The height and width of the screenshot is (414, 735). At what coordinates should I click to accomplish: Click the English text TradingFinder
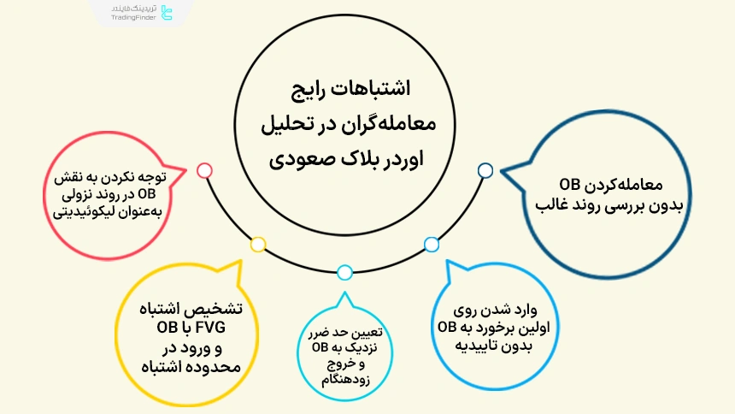[134, 18]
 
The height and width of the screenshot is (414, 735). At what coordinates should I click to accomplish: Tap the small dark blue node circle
[485, 170]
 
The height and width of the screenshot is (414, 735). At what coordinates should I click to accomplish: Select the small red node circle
[204, 170]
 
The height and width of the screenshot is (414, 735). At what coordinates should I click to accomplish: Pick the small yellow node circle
[258, 244]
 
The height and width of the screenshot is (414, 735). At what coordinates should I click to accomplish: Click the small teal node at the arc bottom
[344, 273]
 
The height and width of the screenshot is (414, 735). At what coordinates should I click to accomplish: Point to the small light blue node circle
[432, 244]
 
